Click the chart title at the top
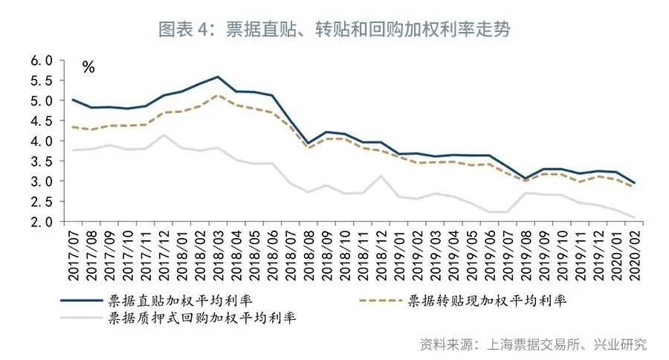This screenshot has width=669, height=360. point(334,29)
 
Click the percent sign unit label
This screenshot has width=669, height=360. point(88,68)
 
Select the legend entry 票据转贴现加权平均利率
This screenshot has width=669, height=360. point(486,301)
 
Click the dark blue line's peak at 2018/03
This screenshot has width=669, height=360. point(217,77)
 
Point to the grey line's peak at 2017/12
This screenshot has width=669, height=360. point(164,135)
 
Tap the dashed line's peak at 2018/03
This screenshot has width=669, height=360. point(217,95)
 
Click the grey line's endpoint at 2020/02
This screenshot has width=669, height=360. point(633,217)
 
